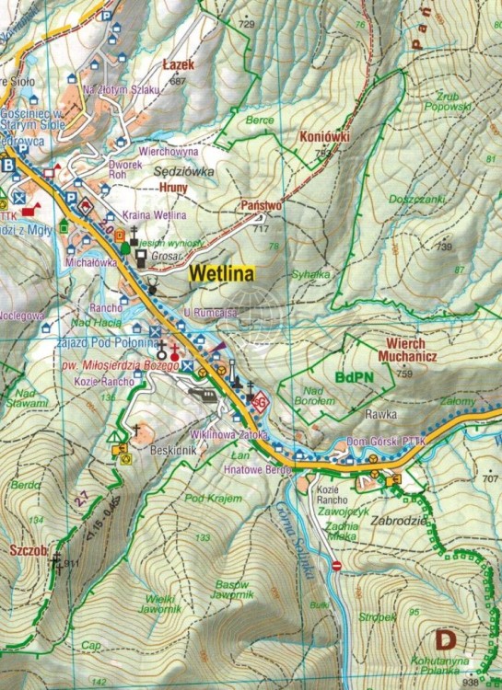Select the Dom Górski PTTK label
(383, 443)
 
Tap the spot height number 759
(403, 373)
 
